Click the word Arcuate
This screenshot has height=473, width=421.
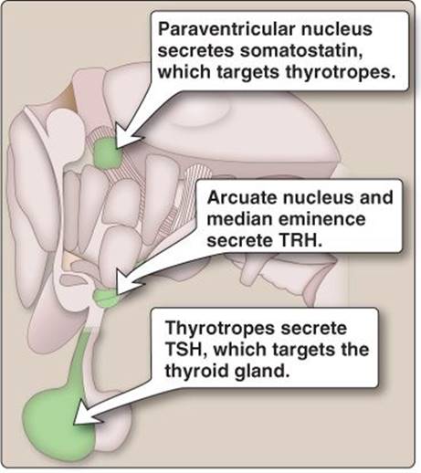pos(242,197)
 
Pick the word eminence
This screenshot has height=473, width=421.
pos(321,219)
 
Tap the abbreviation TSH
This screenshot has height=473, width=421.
pos(185,349)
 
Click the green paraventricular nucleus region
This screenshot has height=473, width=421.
pos(107,153)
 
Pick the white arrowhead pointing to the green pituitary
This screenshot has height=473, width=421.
pos(86,414)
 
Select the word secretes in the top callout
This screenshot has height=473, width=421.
pos(196,51)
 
